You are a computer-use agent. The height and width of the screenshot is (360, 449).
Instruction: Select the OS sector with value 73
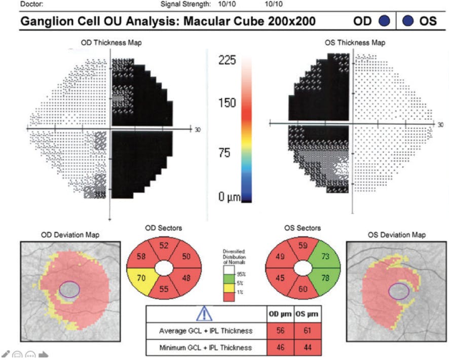click(x=325, y=258)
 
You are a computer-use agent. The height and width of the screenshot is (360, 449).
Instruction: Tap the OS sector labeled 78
click(x=325, y=278)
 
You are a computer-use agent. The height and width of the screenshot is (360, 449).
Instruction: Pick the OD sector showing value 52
click(x=164, y=245)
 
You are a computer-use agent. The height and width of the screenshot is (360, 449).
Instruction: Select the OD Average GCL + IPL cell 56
click(x=276, y=331)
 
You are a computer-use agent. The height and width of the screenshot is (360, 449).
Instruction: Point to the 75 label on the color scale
click(x=223, y=153)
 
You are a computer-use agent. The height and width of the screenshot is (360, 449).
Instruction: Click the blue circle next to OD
click(x=384, y=21)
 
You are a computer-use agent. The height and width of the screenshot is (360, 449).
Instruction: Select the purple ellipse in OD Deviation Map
click(x=69, y=290)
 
